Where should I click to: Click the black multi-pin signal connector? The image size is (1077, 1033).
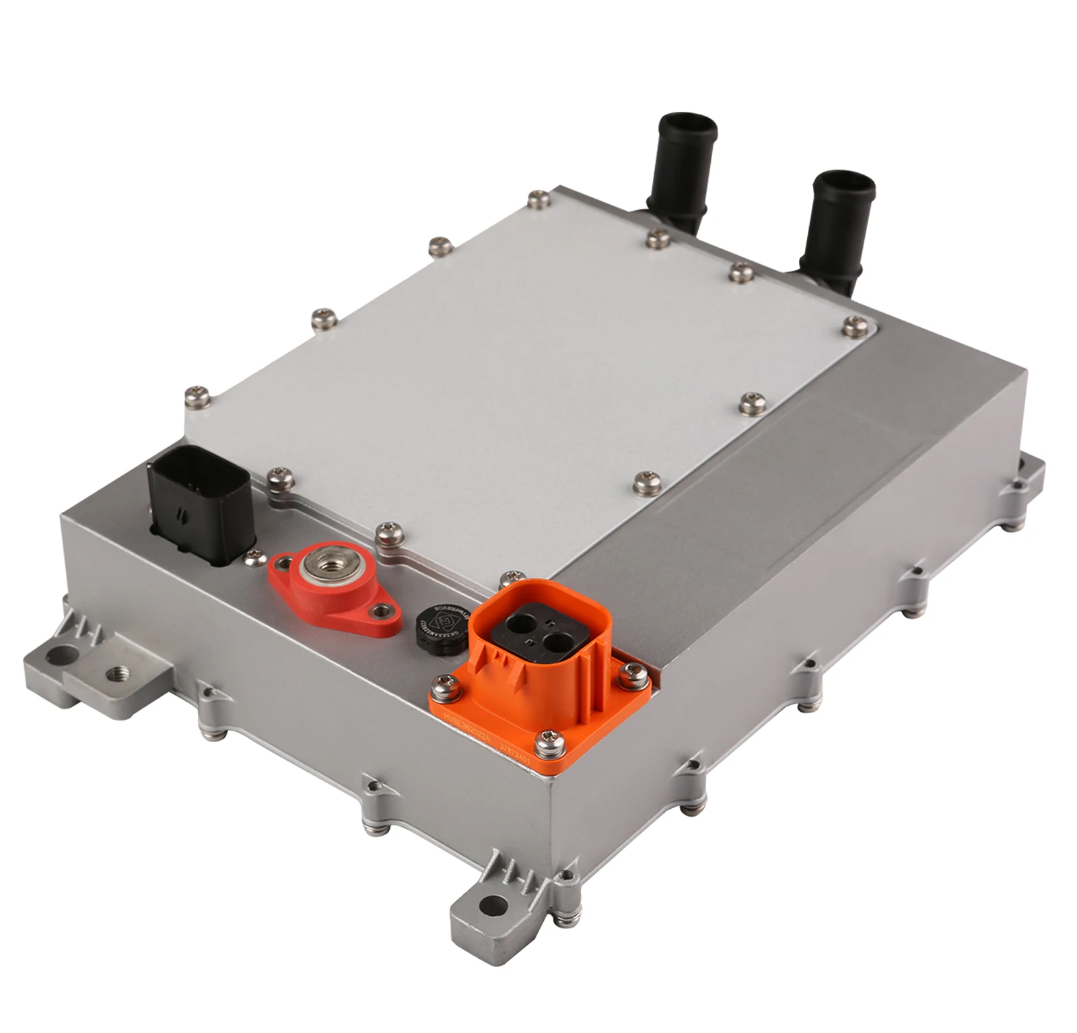(200, 506)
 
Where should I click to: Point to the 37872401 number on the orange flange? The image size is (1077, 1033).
(515, 757)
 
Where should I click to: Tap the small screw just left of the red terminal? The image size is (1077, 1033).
(254, 556)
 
